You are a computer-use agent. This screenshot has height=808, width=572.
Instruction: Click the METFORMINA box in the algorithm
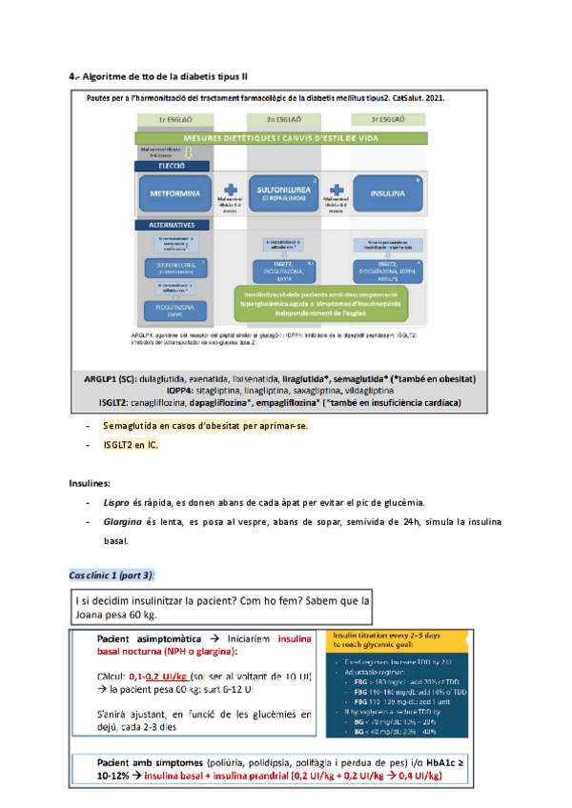point(175,192)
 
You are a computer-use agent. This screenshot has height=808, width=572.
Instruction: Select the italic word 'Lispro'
point(116,502)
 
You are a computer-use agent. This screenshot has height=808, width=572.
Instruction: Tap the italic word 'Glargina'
point(122,522)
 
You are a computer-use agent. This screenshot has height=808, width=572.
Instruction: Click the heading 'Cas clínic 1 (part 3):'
point(112,575)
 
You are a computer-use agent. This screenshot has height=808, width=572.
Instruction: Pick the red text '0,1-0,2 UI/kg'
point(168,674)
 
